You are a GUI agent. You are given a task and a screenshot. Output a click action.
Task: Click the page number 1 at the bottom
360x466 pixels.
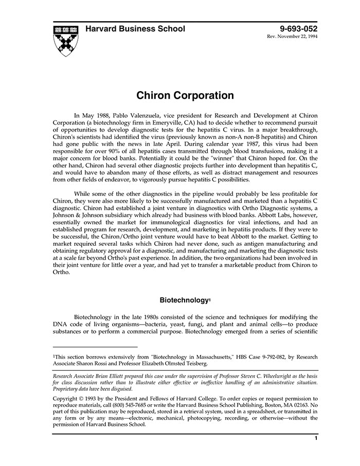pos(315,439)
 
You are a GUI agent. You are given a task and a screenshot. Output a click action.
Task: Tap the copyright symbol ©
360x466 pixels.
pos(81,399)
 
